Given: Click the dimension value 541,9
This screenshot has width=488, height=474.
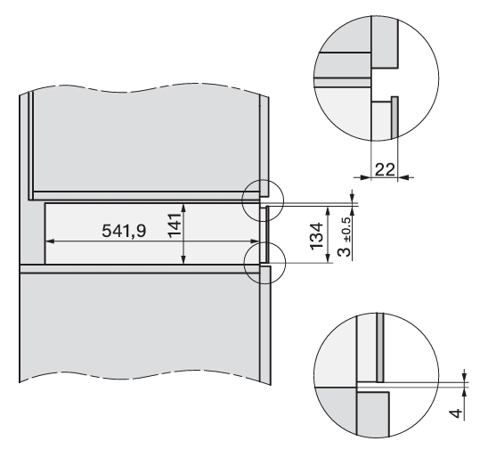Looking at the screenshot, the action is tap(124, 231).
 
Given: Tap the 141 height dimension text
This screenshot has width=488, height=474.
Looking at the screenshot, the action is tap(175, 225).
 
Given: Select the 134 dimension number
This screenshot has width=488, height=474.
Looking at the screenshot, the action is tap(316, 235).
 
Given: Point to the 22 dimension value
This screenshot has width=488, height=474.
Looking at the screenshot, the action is tap(385, 169).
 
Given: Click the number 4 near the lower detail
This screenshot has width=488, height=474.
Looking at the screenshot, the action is tap(455, 413).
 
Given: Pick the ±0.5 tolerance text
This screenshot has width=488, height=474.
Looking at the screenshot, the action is tap(346, 229).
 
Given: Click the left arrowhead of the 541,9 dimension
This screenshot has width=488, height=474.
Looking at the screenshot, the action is tap(50, 241).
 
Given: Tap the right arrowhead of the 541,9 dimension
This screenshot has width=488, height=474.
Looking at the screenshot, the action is tap(255, 241).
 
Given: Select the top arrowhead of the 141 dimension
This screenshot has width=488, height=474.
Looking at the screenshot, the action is tap(183, 208).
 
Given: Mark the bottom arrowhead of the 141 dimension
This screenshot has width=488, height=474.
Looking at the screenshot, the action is tap(183, 259).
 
